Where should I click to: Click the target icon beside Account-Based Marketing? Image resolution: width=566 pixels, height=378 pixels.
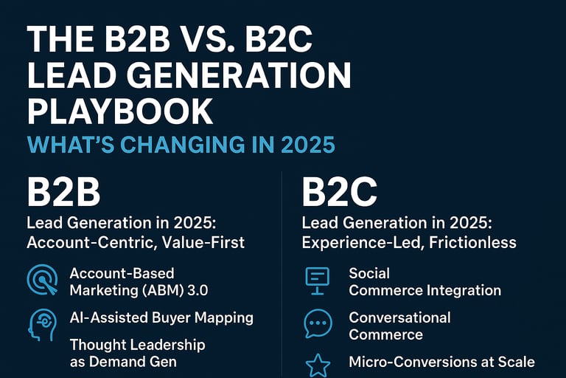pyautogui.click(x=42, y=279)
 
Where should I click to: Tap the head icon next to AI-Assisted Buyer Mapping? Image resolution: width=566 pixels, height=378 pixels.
pyautogui.click(x=42, y=324)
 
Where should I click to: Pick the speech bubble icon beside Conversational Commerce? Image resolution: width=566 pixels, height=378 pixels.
pyautogui.click(x=318, y=323)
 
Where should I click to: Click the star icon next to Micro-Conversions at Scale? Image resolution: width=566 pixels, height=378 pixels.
pyautogui.click(x=318, y=365)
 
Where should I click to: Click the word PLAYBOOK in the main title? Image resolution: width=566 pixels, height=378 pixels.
pyautogui.click(x=120, y=111)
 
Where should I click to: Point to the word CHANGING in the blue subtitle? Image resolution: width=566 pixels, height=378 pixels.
pyautogui.click(x=182, y=145)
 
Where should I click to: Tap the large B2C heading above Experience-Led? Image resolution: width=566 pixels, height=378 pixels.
pyautogui.click(x=339, y=192)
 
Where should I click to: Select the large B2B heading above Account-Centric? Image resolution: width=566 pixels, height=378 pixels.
pyautogui.click(x=63, y=192)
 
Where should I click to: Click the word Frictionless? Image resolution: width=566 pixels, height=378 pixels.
pyautogui.click(x=472, y=242)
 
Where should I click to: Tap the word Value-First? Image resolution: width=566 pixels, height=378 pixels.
pyautogui.click(x=203, y=242)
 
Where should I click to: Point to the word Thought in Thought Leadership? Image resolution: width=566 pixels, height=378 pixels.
pyautogui.click(x=93, y=345)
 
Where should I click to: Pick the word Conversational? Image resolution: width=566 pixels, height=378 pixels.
pyautogui.click(x=399, y=317)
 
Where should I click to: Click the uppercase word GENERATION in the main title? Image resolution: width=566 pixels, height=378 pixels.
pyautogui.click(x=238, y=75)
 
